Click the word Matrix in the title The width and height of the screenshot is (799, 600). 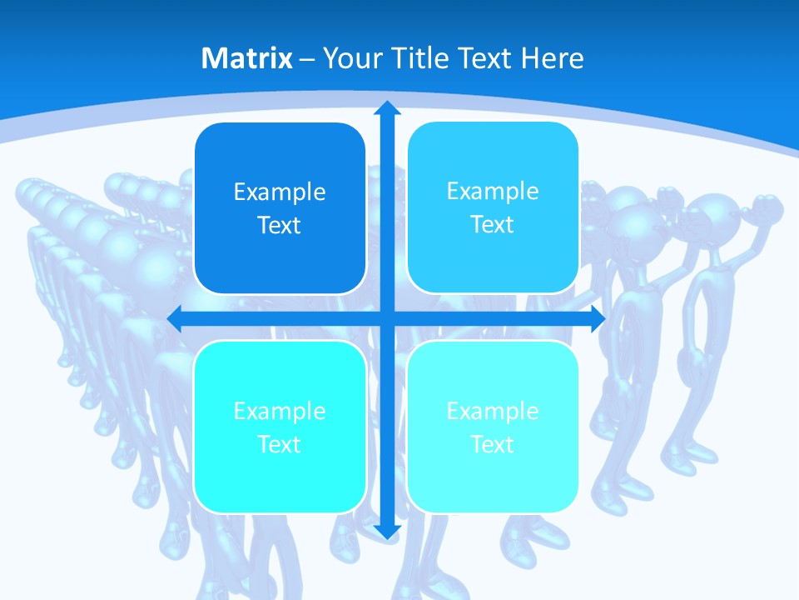[247, 58]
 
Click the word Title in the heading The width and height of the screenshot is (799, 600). [421, 58]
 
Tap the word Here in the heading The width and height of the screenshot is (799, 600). [552, 58]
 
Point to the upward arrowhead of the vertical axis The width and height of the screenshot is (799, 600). [386, 108]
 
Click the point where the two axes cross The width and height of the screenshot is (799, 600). [386, 318]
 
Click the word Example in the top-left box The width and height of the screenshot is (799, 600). [280, 192]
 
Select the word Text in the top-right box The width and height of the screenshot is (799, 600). [493, 225]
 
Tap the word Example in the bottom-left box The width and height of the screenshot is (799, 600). [280, 411]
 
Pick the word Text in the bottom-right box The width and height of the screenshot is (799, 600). [493, 444]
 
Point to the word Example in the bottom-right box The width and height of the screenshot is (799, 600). [493, 411]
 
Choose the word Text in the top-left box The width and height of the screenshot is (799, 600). [280, 226]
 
